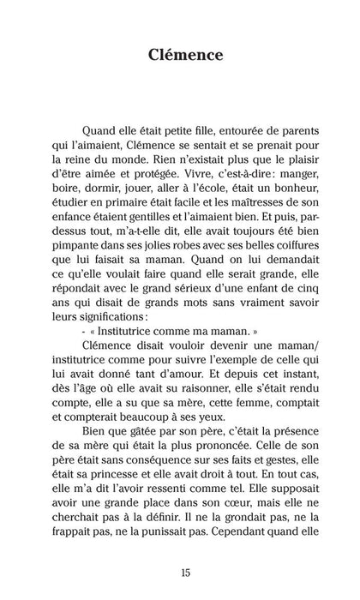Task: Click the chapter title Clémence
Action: click(179, 56)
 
